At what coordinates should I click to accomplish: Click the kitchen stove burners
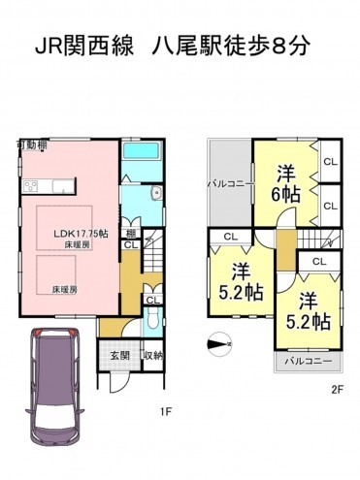pos(30,184)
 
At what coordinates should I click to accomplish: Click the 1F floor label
pos(166,410)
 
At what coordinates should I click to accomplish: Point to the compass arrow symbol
pos(220,342)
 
